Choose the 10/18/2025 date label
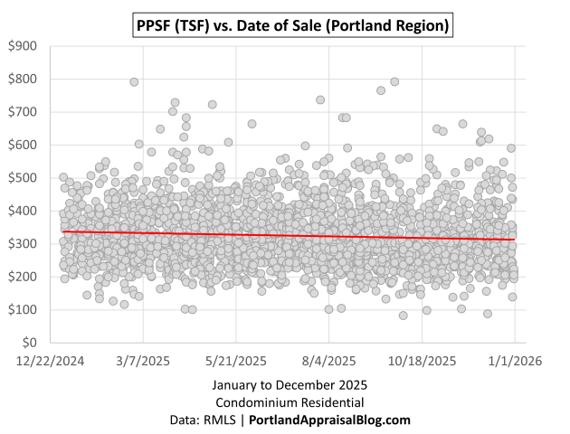click(x=423, y=361)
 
